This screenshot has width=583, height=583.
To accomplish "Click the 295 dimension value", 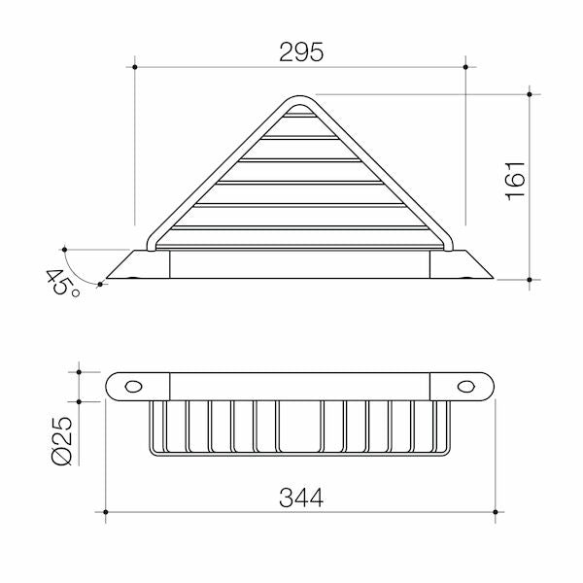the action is click(301, 52).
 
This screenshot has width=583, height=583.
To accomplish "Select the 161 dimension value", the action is click(515, 182).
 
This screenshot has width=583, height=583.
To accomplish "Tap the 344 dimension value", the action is click(301, 497).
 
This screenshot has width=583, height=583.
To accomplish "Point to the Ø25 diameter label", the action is click(62, 441).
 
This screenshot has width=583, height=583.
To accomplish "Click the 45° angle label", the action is click(62, 284).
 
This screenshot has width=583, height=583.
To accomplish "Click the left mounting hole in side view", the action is click(133, 387).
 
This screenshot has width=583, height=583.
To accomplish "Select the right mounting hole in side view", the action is click(465, 387).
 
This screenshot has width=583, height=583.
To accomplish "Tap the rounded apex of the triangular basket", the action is click(299, 98).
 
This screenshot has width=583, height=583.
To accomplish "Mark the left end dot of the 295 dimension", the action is click(135, 67).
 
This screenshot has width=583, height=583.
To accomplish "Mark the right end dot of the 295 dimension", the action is click(465, 67).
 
